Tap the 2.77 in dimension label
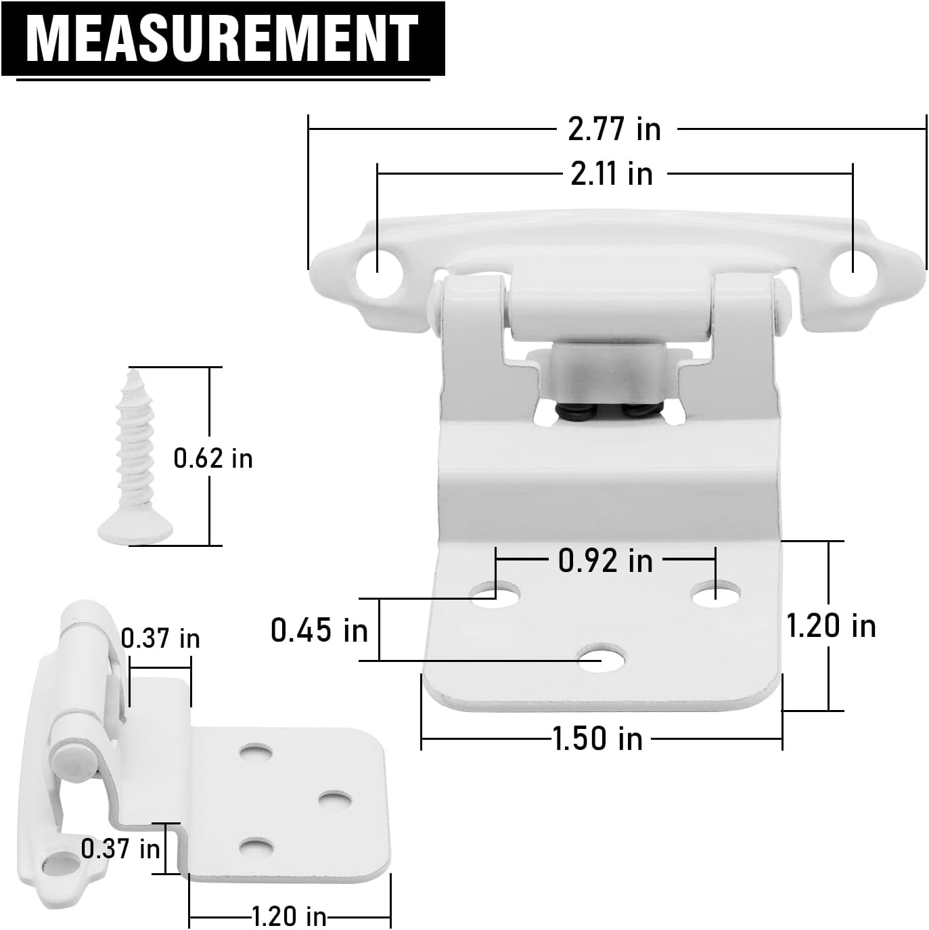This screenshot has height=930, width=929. coord(614,129)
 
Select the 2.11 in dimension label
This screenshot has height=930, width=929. coord(611,174)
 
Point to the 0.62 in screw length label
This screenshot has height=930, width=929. coord(212,458)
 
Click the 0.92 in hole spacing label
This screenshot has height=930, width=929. coord(605,560)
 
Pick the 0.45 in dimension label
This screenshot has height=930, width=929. coord(319,630)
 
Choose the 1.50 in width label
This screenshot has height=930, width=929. coord(597,738)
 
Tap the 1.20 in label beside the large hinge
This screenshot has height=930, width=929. coord(830,626)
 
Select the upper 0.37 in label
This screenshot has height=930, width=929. coord(160,638)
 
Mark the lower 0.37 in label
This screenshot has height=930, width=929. coord(120,848)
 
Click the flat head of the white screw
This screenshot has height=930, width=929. coord(135,529)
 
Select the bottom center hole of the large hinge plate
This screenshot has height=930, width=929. coord(602,658)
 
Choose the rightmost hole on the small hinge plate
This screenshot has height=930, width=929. coord(335,799)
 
